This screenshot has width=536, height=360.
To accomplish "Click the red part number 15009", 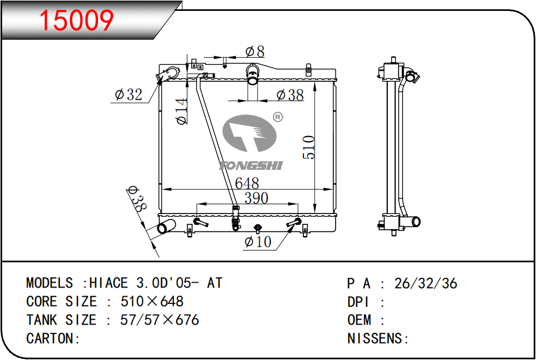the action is (x=76, y=21).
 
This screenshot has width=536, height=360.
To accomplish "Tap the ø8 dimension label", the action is (x=255, y=52).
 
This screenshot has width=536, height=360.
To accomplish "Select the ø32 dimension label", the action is (x=129, y=94).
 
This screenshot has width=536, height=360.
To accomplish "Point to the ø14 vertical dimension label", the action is (x=181, y=111).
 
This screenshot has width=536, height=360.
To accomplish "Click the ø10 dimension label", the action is (x=258, y=242).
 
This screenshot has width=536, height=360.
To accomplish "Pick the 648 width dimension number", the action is (x=247, y=183).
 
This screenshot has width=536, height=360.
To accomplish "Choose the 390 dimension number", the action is (x=257, y=198).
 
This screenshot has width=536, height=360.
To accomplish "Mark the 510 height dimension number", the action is (x=309, y=147).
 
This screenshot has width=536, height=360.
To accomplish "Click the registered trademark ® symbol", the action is (x=278, y=117).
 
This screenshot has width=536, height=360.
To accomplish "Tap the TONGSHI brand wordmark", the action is (x=251, y=166).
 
